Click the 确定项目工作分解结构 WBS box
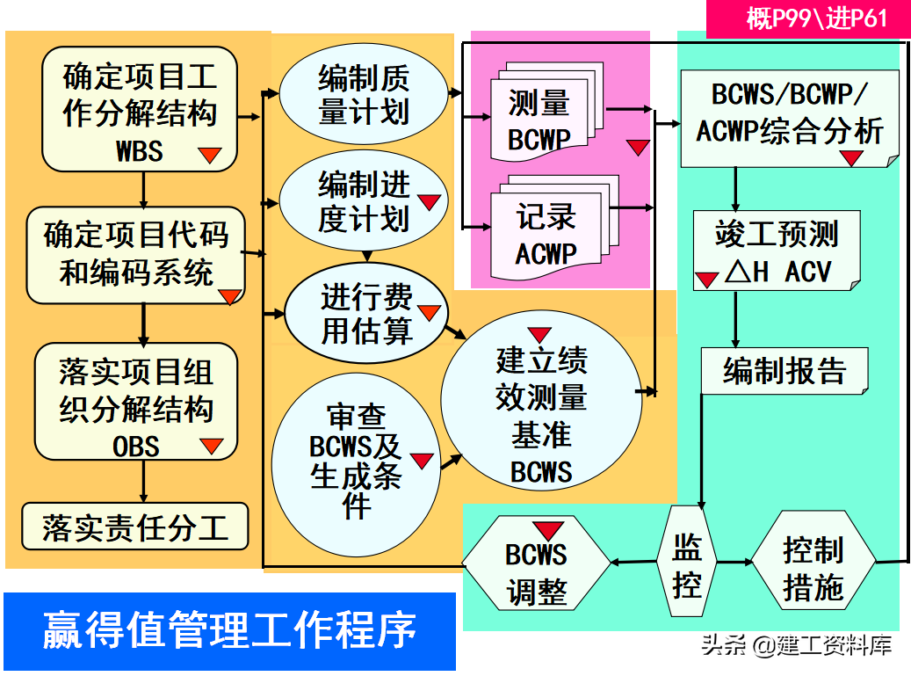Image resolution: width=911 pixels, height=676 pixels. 140,110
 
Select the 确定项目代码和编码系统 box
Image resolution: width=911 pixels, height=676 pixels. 135,255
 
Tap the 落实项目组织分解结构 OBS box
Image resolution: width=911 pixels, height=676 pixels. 136,403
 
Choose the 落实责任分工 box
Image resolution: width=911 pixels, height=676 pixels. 135,527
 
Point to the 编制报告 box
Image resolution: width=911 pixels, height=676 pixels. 784,370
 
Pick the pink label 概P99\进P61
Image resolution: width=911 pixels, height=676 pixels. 807,18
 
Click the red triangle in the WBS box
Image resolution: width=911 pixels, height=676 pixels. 209,156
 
